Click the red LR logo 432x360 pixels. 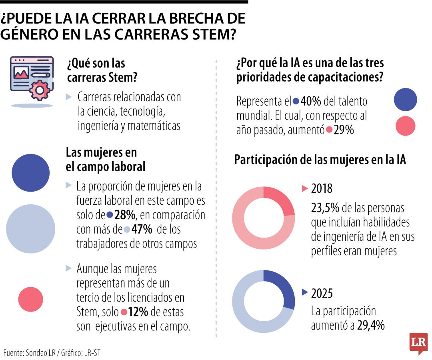click(418, 343)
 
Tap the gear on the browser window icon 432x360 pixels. click(39, 90)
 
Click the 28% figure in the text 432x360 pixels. click(125, 215)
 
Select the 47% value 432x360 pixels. click(142, 230)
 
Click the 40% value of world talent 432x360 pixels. click(310, 101)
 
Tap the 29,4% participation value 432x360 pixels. click(371, 325)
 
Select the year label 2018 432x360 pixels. click(322, 189)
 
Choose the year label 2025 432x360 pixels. click(322, 293)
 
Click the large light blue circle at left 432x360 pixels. click(30, 229)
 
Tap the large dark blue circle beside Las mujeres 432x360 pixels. click(31, 173)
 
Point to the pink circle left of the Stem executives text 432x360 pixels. click(31, 299)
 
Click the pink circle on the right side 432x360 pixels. click(405, 126)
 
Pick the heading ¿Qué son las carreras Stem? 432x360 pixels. click(102, 70)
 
